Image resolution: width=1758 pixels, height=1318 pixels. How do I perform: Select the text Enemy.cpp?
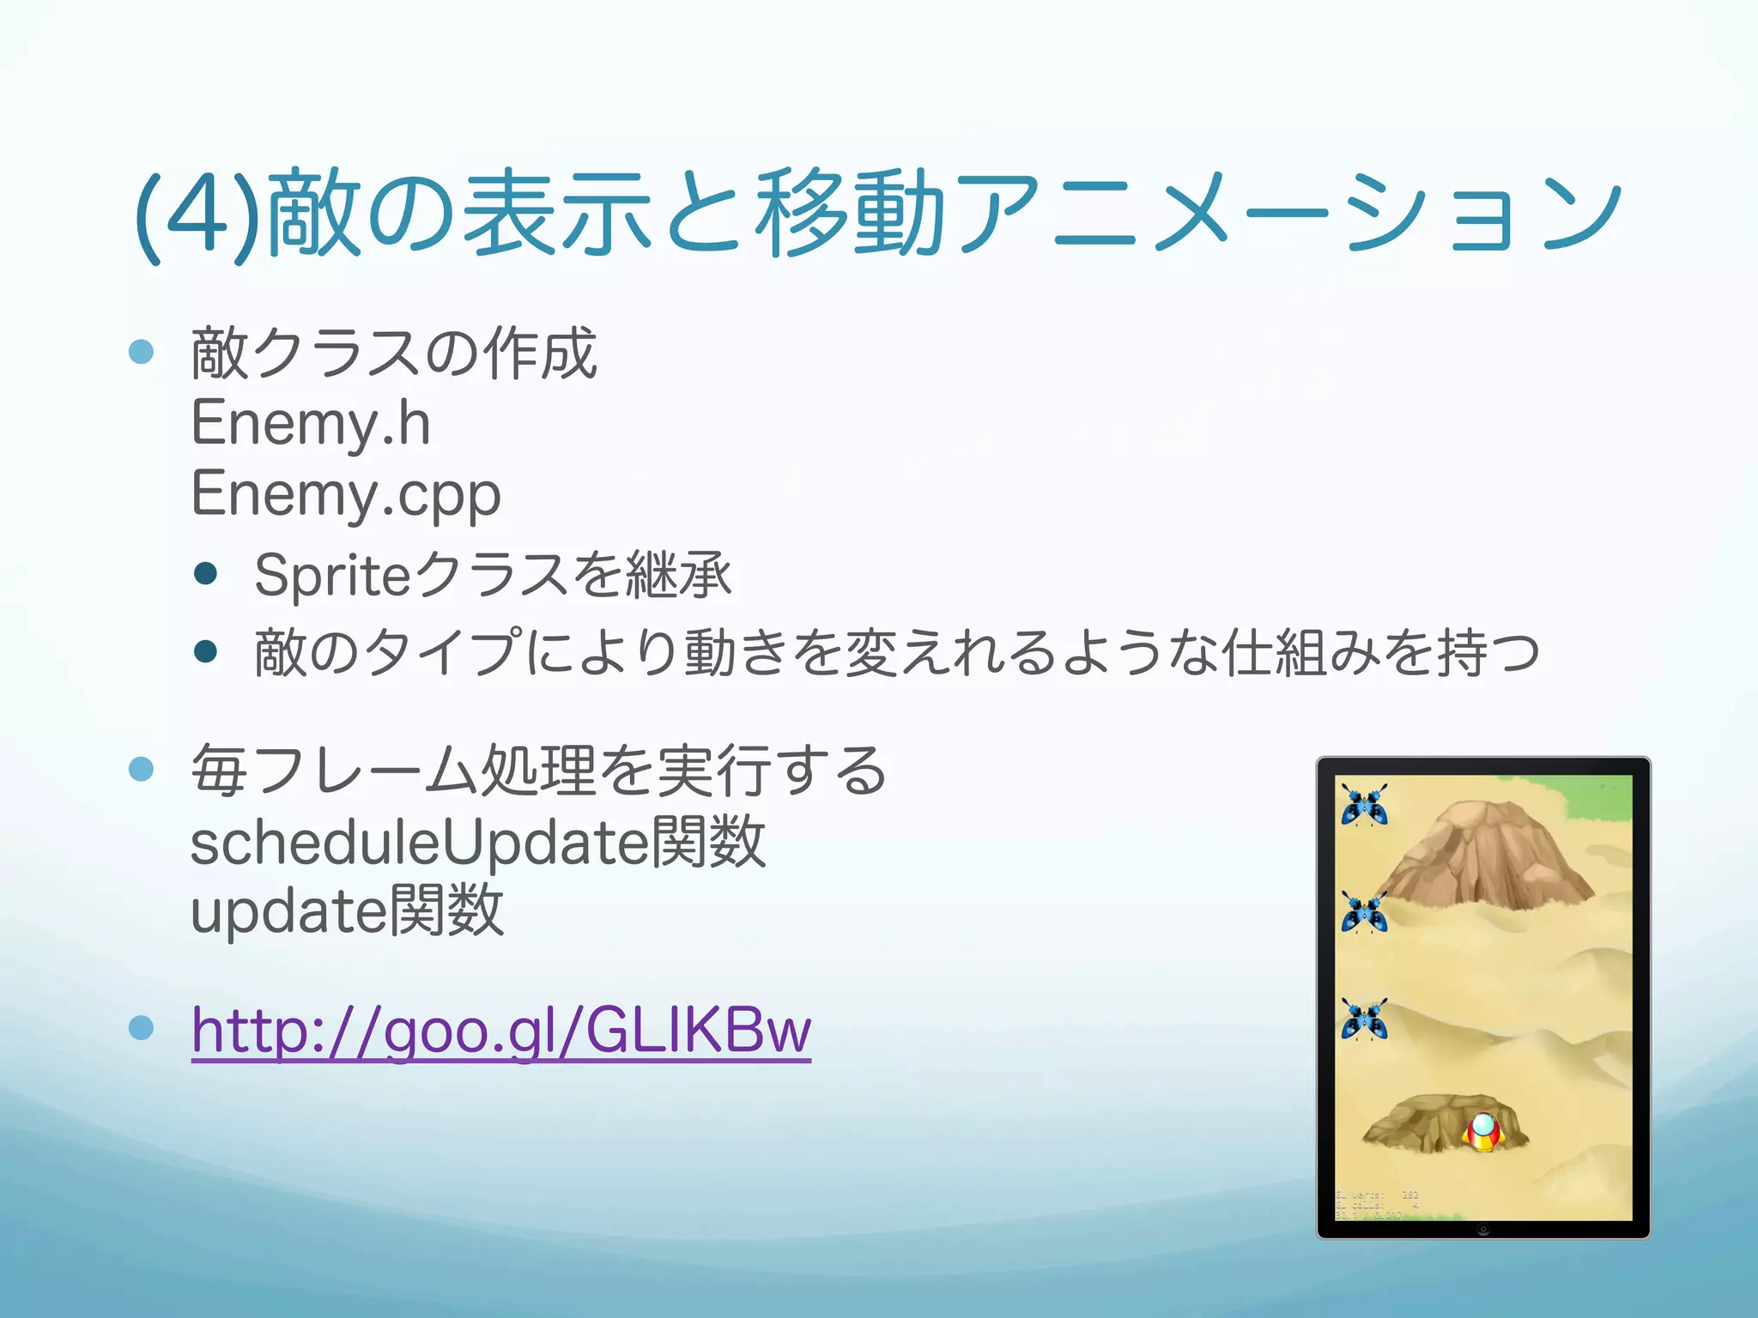[346, 494]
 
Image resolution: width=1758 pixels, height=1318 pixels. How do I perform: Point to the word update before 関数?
[288, 911]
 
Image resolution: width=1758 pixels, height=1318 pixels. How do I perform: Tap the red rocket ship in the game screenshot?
[1483, 1132]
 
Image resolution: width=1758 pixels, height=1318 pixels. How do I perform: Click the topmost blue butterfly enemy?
[1364, 805]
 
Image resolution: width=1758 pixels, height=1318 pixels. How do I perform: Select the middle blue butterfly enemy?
[1364, 912]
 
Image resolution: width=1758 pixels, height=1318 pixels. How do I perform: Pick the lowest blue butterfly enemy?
[1364, 1019]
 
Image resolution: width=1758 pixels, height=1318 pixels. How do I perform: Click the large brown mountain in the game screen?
[1485, 858]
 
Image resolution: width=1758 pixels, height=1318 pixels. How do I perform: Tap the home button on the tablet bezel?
[1483, 1230]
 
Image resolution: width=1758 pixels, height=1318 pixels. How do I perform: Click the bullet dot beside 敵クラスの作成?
[141, 352]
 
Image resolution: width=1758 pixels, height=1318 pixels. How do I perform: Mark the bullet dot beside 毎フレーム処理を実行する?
[141, 769]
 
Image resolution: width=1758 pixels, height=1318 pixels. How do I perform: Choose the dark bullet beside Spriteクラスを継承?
[205, 574]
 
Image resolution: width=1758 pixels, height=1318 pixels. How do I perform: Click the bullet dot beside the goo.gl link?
[141, 1027]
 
